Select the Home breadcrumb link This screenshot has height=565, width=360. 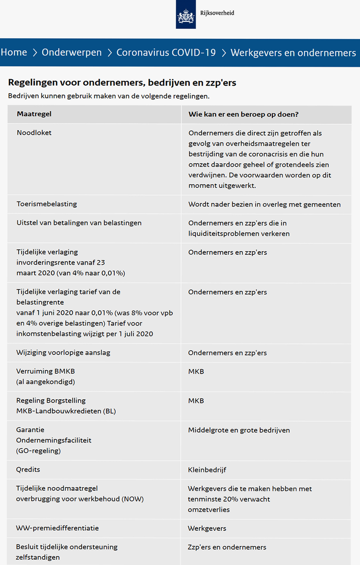point(14,53)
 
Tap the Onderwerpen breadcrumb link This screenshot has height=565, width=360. point(72,53)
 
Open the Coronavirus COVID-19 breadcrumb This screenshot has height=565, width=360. point(166,53)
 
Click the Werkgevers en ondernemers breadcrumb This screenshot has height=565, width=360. point(293,53)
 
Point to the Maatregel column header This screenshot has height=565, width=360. point(34,114)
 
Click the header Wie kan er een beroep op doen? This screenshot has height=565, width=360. point(243,114)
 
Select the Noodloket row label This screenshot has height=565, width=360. point(34,133)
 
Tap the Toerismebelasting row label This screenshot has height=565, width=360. point(47,204)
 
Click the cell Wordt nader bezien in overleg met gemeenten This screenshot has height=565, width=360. point(264,204)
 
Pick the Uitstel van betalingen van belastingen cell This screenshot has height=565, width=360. point(79,223)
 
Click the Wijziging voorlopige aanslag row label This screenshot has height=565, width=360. point(63,353)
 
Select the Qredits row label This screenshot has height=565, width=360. point(28,470)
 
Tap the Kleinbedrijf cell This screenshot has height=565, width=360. point(207,470)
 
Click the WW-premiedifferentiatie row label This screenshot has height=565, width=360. point(58,528)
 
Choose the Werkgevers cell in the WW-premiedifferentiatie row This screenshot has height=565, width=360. point(207,529)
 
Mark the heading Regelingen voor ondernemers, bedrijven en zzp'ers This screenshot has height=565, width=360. point(122,83)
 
